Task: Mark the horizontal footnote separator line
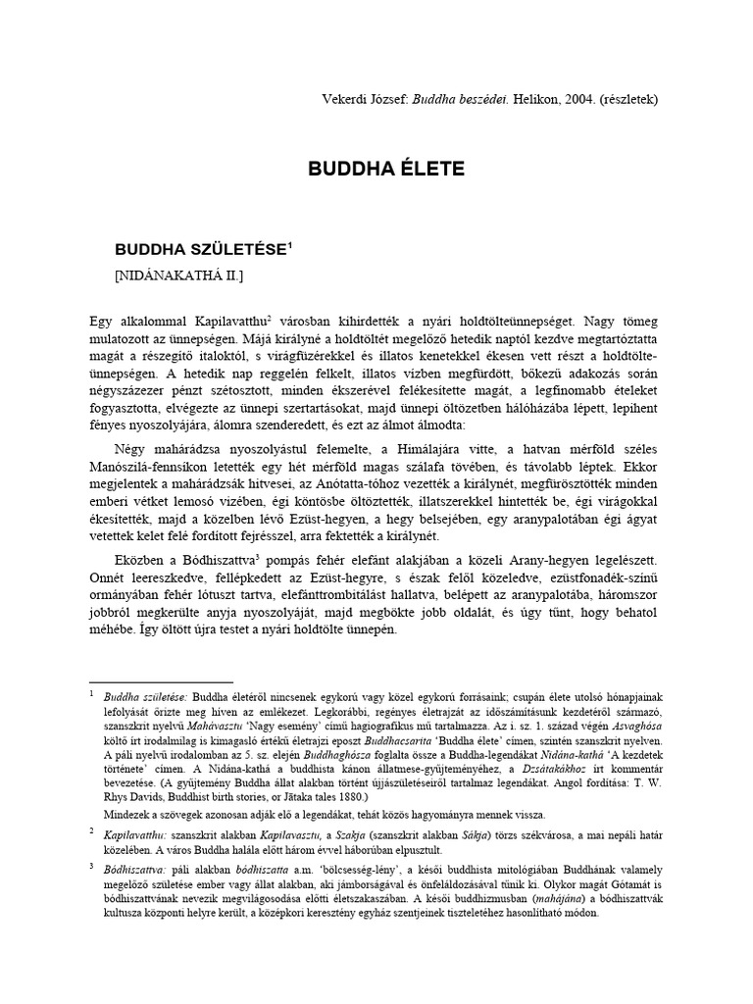pos(161,680)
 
